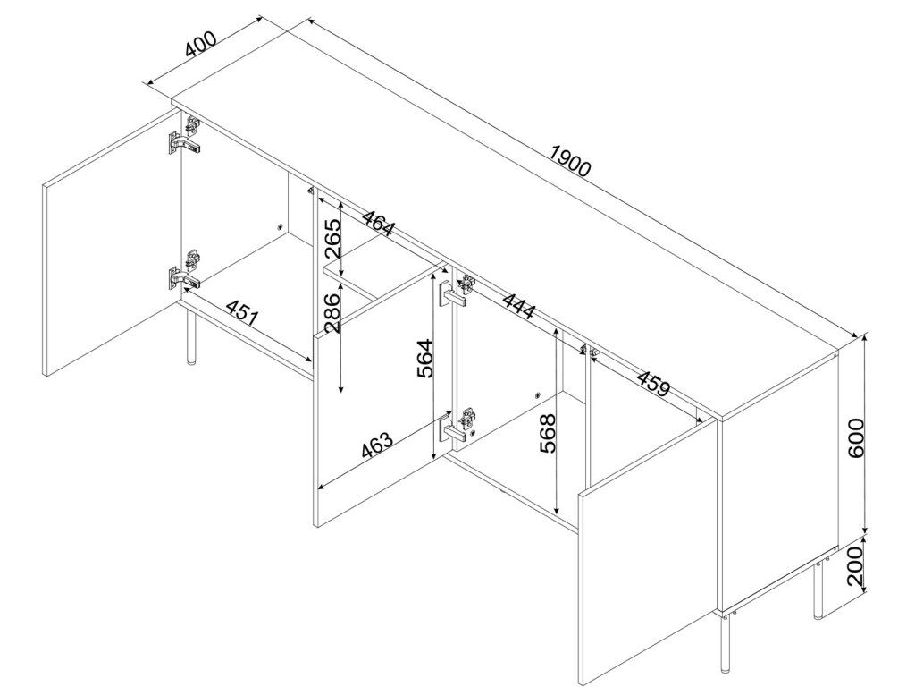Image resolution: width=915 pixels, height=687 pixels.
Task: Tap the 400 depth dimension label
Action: (x=201, y=43)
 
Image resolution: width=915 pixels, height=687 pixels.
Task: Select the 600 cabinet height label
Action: (x=856, y=438)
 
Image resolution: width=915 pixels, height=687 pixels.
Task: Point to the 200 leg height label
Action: (x=855, y=566)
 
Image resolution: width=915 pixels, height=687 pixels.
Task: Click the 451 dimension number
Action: (x=241, y=312)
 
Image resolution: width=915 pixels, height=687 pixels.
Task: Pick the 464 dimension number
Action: (x=378, y=222)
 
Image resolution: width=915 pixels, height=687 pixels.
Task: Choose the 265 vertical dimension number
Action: (x=332, y=239)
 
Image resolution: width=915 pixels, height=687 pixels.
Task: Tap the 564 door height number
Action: (x=425, y=358)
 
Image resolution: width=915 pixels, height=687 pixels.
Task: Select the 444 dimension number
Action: (x=519, y=306)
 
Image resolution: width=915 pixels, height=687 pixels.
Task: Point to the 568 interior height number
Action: (x=548, y=434)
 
